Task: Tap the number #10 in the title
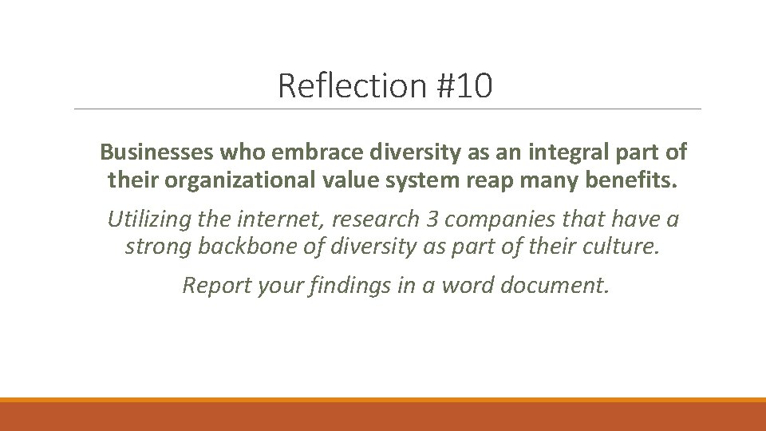[x=464, y=85]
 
